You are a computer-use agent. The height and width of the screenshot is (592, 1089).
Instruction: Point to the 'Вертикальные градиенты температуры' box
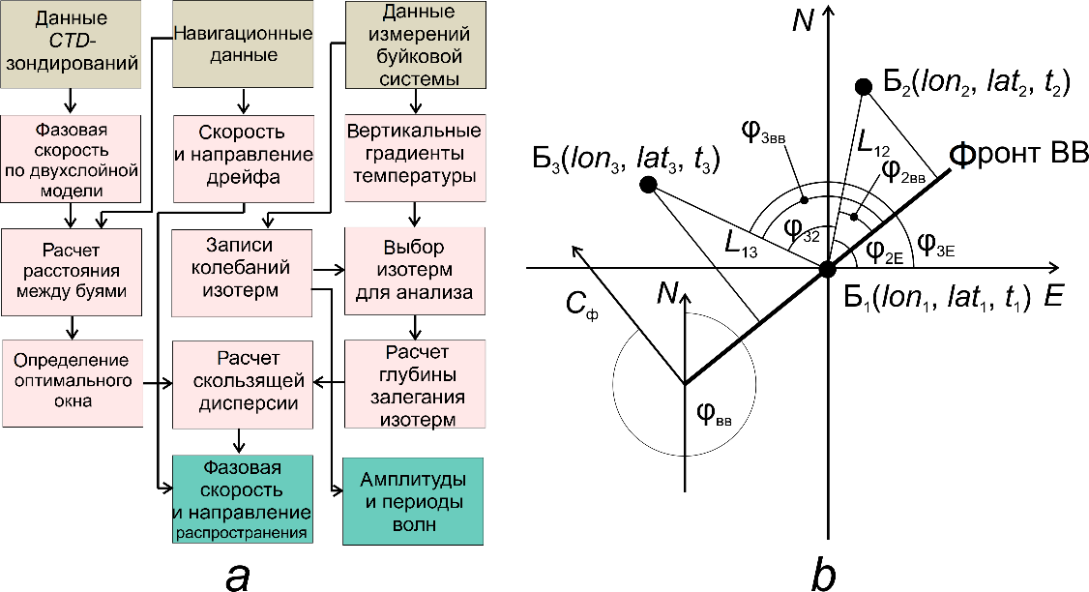[416, 155]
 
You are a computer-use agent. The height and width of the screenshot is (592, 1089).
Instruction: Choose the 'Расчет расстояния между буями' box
[71, 272]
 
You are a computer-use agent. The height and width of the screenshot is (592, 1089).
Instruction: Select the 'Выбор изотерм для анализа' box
[416, 272]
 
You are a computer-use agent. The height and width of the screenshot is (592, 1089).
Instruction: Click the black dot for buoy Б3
[649, 184]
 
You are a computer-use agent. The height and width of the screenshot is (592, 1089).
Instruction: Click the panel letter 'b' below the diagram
[824, 573]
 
